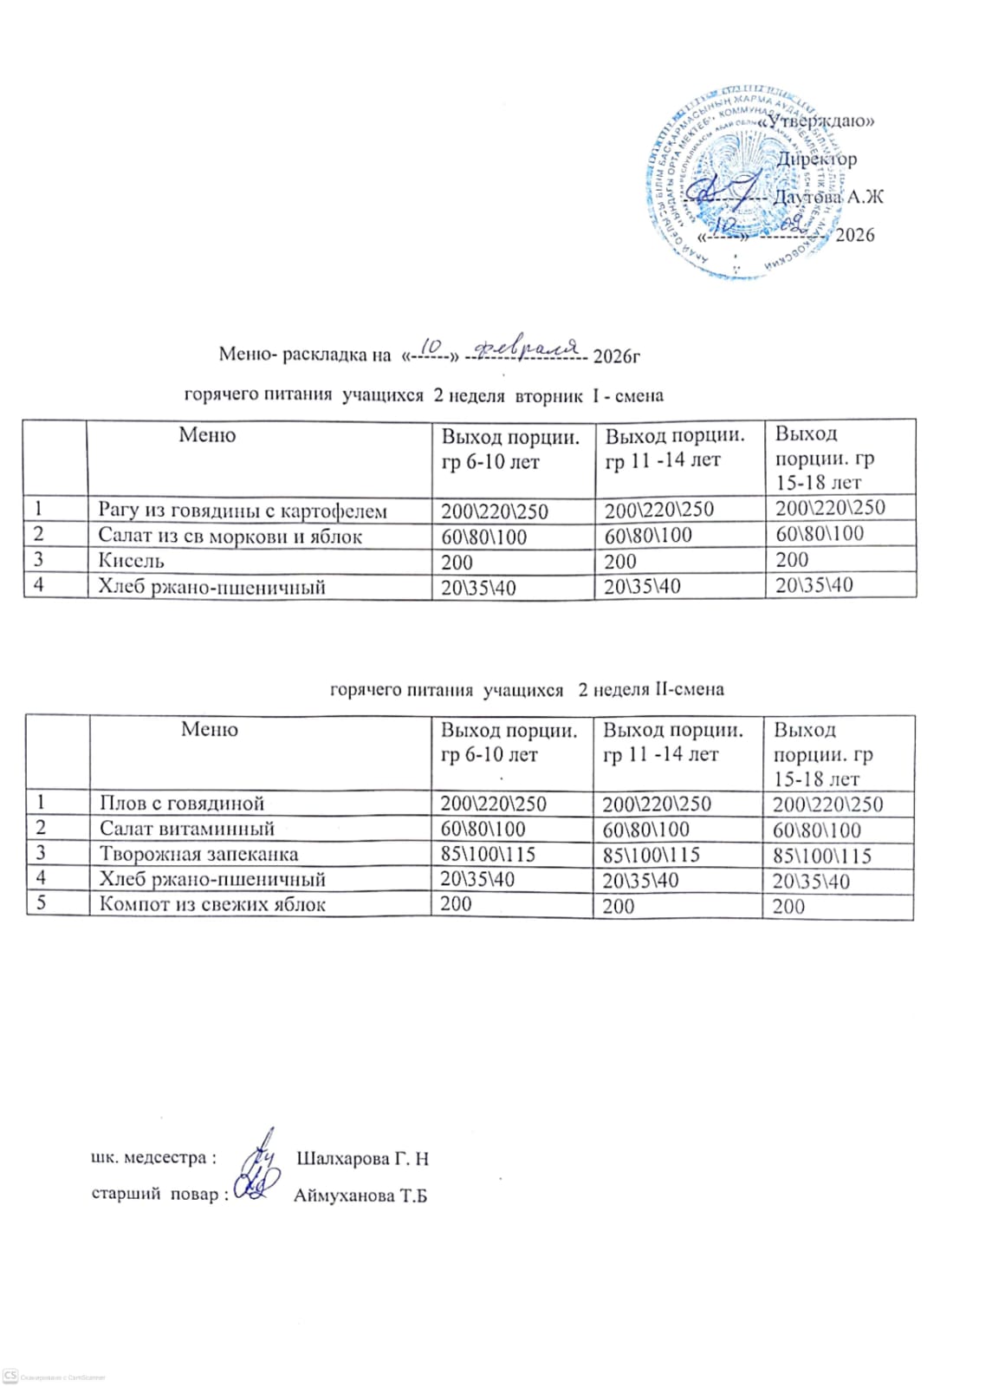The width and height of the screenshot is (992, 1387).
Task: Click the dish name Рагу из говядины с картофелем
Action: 242,511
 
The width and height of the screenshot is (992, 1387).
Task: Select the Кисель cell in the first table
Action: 131,561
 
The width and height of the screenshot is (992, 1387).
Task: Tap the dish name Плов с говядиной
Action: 181,804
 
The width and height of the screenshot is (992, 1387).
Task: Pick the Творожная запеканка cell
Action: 198,854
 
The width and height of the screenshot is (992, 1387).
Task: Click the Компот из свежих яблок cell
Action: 212,904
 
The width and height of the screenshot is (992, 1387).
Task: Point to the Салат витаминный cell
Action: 186,829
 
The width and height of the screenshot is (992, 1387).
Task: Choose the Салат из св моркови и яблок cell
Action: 230,536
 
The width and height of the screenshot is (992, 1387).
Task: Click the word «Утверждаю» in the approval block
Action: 816,121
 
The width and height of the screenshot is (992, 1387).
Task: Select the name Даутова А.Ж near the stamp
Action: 828,198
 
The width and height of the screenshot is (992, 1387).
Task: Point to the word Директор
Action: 817,160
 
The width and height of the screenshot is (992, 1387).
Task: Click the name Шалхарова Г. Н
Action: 362,1159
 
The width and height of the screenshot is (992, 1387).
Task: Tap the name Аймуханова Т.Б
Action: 360,1196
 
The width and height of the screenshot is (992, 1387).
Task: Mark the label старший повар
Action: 158,1194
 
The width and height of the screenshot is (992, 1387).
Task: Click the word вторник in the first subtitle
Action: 548,396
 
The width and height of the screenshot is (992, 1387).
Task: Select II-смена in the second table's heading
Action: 689,690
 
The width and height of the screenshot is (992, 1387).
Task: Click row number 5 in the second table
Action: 39,903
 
